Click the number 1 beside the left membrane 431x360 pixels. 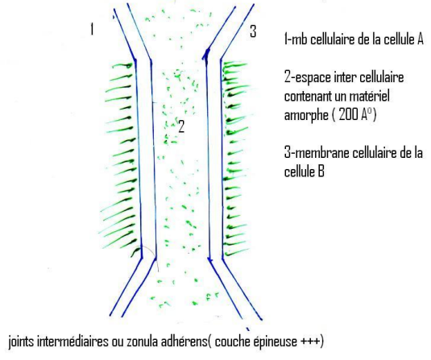pyautogui.click(x=92, y=29)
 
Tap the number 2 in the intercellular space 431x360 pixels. pyautogui.click(x=181, y=126)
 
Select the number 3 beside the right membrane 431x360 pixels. pyautogui.click(x=253, y=31)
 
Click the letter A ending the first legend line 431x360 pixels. pyautogui.click(x=420, y=39)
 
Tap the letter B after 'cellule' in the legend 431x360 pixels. pyautogui.click(x=321, y=172)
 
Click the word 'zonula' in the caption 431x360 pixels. pyautogui.click(x=142, y=341)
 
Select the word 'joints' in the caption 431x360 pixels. pyautogui.click(x=22, y=341)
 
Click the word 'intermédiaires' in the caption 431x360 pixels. pyautogui.click(x=73, y=341)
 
